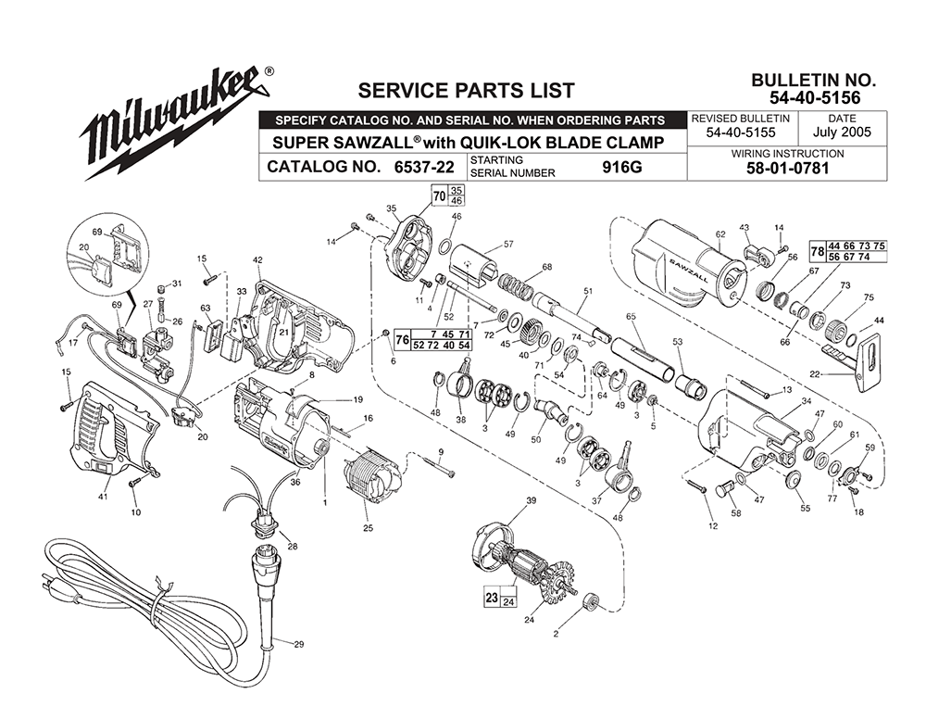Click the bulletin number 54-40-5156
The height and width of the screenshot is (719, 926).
point(814,97)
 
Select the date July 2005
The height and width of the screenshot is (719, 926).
point(842,132)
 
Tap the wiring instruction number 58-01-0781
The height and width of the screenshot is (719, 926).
point(788,169)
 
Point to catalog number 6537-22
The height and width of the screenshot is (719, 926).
point(424,167)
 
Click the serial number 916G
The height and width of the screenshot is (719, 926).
point(622,167)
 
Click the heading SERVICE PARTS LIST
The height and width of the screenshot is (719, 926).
point(466,91)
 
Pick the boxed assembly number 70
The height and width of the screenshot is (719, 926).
point(439,196)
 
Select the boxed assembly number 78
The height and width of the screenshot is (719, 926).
point(818,251)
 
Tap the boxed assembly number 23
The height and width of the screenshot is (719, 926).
point(492,598)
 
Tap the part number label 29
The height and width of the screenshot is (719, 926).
point(298,644)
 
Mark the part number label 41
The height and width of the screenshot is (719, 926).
point(103,497)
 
